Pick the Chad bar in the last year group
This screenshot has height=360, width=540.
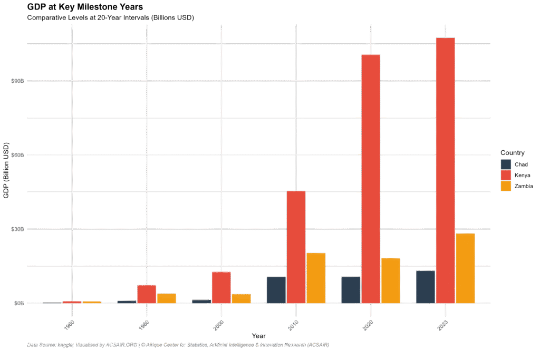point(426,287)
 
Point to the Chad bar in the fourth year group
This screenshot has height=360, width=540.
point(276,289)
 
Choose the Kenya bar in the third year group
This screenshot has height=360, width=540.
point(221,287)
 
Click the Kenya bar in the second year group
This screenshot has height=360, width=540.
point(147,294)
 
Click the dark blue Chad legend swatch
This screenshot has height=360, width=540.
point(506,164)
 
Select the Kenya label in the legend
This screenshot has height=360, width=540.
point(522,175)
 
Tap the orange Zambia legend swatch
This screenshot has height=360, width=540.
point(506,186)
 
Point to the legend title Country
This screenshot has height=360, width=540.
point(512,153)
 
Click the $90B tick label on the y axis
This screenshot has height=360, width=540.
point(17,81)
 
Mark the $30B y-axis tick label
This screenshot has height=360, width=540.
point(17,229)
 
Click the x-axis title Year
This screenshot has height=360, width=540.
point(258,336)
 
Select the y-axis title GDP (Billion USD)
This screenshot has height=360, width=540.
point(6,170)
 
